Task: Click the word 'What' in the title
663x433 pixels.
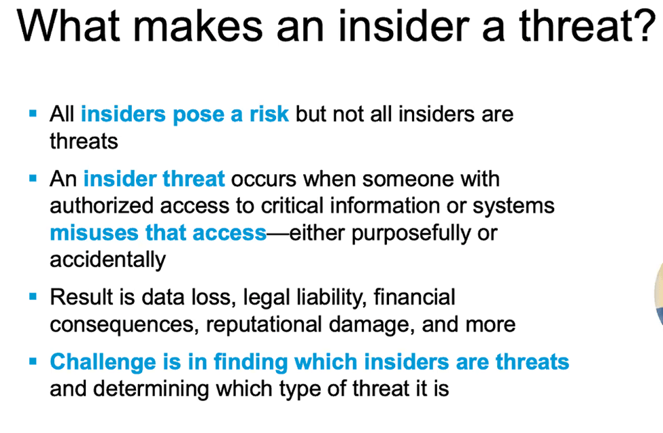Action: [69, 27]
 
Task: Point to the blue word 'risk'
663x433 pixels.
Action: [269, 114]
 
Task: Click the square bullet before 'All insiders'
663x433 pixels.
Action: [33, 114]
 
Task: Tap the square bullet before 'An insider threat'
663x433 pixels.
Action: [33, 178]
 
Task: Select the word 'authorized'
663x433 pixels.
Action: [101, 205]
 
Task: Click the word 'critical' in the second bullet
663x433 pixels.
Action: [292, 205]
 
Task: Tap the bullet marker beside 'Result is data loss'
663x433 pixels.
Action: [33, 296]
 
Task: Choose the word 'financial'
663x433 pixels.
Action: [414, 297]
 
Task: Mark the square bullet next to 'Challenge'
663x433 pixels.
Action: [33, 361]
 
